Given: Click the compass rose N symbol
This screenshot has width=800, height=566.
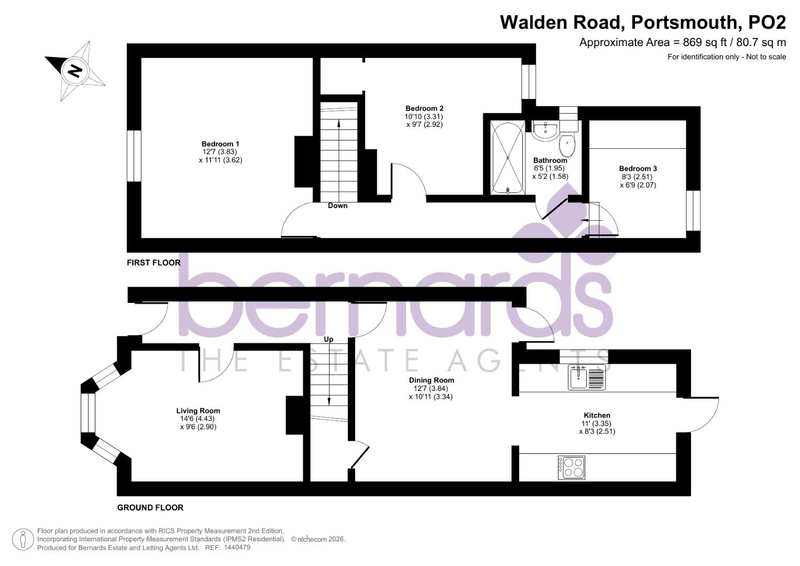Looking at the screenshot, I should click(x=75, y=70).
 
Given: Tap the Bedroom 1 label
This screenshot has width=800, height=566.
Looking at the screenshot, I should click(x=220, y=144).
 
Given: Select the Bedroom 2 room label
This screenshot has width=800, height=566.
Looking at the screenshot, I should click(x=424, y=108).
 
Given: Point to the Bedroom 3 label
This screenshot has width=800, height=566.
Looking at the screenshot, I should click(x=638, y=169).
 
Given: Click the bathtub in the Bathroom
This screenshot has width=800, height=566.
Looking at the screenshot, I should click(x=507, y=157).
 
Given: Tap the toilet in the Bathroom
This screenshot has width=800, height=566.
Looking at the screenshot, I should click(x=567, y=144).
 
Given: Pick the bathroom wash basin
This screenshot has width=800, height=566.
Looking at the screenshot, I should click(x=545, y=130).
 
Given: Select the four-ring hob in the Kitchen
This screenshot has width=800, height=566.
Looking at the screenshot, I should click(x=572, y=467).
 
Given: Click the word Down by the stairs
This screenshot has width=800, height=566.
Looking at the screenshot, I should click(x=337, y=205).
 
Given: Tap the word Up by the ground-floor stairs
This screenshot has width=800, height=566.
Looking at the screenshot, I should click(x=328, y=339).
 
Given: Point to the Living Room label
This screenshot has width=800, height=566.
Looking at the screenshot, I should click(x=198, y=411).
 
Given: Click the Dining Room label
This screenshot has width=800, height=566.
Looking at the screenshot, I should click(x=432, y=380).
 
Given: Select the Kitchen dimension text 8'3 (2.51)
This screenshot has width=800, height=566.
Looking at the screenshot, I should click(x=597, y=432).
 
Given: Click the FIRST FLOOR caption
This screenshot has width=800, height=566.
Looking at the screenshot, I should click(x=154, y=263).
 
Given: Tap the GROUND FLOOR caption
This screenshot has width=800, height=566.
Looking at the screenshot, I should click(x=150, y=507).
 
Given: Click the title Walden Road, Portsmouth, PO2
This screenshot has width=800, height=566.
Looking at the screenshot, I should click(x=643, y=23).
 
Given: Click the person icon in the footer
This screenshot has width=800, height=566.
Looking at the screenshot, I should click(x=23, y=539).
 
